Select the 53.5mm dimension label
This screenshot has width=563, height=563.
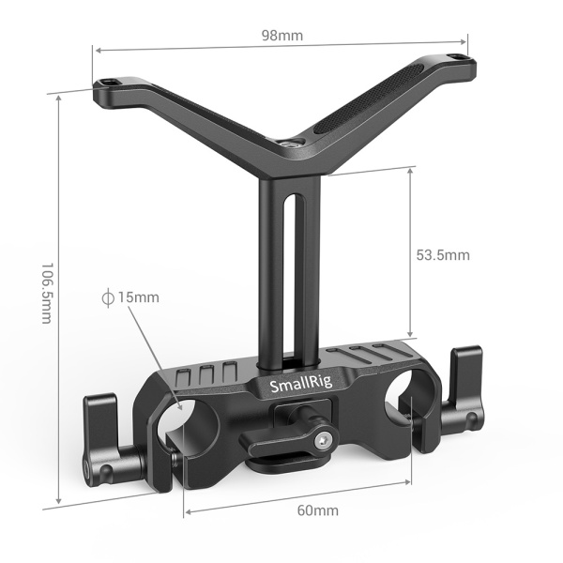(x=442, y=254)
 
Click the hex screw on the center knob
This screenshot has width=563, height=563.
(x=324, y=437)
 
